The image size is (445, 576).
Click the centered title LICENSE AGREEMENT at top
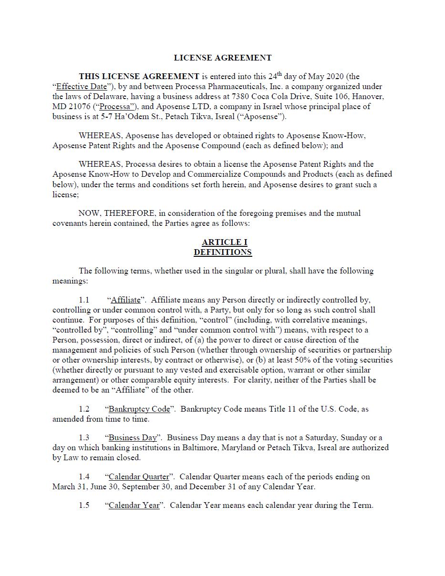click(x=222, y=58)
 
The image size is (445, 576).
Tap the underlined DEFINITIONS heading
click(x=222, y=252)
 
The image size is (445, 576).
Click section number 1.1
click(x=84, y=300)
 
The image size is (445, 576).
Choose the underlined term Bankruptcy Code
click(x=139, y=409)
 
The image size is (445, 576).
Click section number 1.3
click(x=84, y=438)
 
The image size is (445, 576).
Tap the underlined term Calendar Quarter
click(x=139, y=477)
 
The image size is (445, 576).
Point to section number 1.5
click(x=84, y=505)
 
